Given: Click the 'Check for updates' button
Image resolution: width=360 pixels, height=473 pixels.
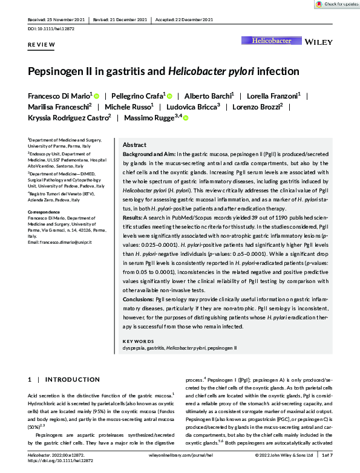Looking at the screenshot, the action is coord(333,4).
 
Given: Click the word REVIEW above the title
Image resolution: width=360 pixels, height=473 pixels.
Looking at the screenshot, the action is coord(42,45).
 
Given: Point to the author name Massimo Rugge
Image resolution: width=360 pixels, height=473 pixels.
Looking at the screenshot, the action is coord(148,117).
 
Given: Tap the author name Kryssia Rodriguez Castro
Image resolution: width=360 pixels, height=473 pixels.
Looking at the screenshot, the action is coord(68,117).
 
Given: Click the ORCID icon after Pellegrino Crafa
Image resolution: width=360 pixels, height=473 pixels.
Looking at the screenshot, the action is coord(170,96).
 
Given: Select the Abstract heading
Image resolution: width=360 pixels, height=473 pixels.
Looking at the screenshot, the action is coord(134,146).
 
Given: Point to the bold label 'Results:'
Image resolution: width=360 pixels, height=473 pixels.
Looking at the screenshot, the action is coord(133,232).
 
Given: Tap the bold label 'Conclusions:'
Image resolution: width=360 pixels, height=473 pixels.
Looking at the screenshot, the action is coord(138,299).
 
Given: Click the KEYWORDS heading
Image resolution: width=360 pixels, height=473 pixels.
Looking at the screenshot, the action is coord(139,341).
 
